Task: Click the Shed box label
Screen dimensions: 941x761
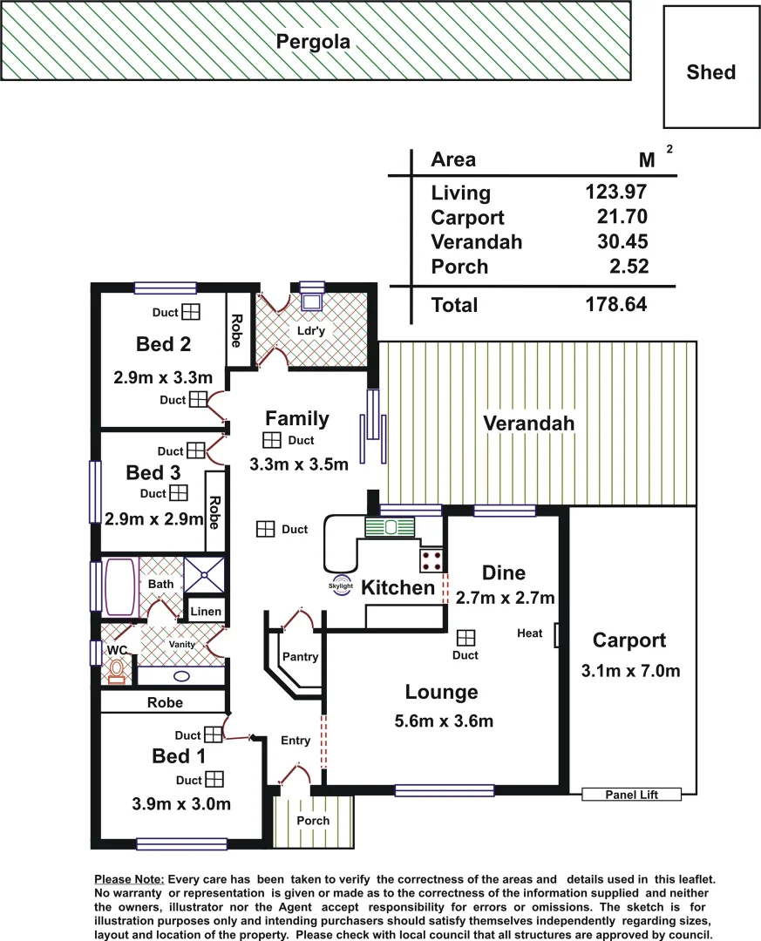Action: point(710,72)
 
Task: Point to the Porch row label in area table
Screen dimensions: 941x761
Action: point(459,267)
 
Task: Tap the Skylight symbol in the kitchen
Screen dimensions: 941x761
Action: point(340,586)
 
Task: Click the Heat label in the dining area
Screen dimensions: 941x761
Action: point(529,633)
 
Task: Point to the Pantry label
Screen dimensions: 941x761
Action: point(300,657)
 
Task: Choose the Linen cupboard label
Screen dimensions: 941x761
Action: point(206,613)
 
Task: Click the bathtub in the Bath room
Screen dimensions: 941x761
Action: point(120,587)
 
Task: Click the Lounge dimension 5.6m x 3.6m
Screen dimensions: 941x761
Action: point(442,721)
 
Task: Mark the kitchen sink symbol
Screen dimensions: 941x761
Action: point(390,527)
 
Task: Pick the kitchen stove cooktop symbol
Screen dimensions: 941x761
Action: point(431,559)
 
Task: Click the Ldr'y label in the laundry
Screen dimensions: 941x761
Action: point(316,332)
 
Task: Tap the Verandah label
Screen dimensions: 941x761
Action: point(528,423)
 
